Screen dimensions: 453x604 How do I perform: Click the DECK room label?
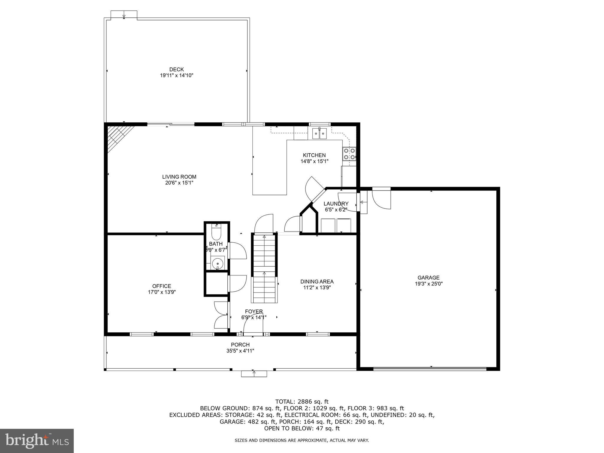point(176,70)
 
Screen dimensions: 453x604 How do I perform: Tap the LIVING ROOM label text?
point(179,177)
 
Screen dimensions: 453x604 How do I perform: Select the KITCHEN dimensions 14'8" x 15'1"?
point(314,161)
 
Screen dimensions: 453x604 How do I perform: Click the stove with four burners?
point(349,154)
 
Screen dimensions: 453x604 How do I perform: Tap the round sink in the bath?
point(218,262)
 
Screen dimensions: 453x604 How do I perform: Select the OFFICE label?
point(162,286)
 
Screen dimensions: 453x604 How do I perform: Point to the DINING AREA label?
point(317,281)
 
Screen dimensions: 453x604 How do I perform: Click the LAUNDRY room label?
point(336,203)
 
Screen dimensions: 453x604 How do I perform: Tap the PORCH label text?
point(240,344)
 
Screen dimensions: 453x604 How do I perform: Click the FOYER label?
point(254,311)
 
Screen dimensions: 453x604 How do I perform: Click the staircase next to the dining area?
point(264,268)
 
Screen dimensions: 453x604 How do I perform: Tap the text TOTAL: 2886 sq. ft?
point(302,401)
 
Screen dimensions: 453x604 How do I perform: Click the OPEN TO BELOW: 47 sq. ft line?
point(302,428)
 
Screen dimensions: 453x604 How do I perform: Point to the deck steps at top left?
point(124,14)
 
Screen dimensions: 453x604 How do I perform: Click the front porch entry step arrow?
point(254,374)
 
